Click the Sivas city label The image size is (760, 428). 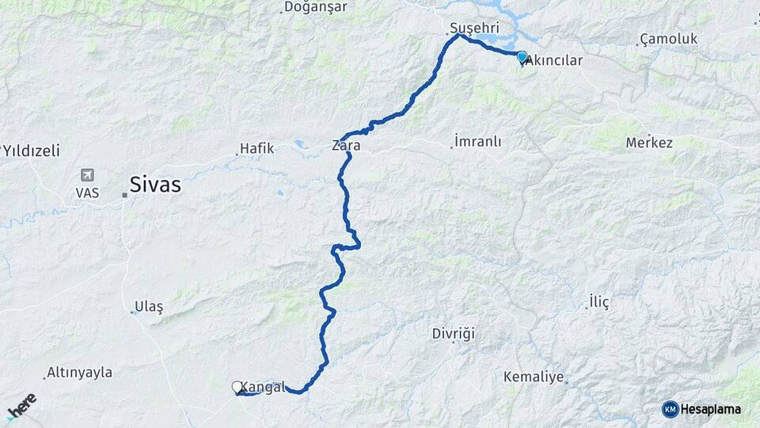pos(155,185)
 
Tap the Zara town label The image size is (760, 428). pos(346,146)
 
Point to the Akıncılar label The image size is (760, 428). pos(554,60)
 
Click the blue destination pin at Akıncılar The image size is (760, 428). pos(522,57)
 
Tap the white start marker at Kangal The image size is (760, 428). pos(237,387)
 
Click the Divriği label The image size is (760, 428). pos(454,334)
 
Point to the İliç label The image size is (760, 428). pos(599,301)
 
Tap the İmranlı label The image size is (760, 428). pos(477,141)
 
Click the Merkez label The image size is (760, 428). pos(649,143)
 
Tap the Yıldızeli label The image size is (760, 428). pos(31,150)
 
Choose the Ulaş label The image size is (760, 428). pos(148,307)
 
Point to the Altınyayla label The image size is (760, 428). pos(79,372)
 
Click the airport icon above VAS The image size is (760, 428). pos(86,175)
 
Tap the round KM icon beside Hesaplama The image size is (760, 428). pos(670,409)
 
